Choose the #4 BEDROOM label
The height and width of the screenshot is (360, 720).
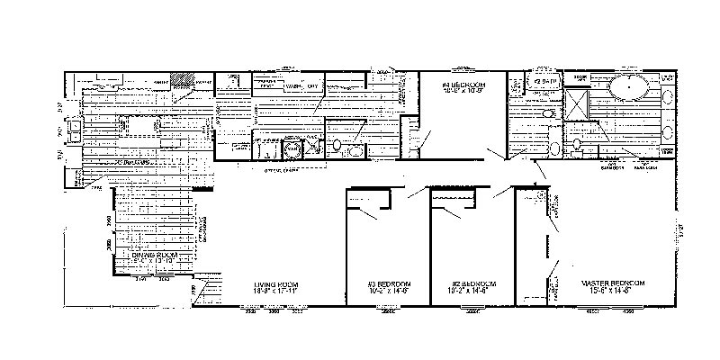click(463, 84)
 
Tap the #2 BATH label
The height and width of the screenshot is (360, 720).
click(547, 82)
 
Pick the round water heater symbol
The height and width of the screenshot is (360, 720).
click(293, 148)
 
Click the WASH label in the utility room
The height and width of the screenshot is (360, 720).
click(292, 86)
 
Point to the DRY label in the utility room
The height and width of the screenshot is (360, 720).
click(313, 86)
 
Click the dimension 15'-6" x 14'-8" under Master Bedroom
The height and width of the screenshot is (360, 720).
click(607, 292)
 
